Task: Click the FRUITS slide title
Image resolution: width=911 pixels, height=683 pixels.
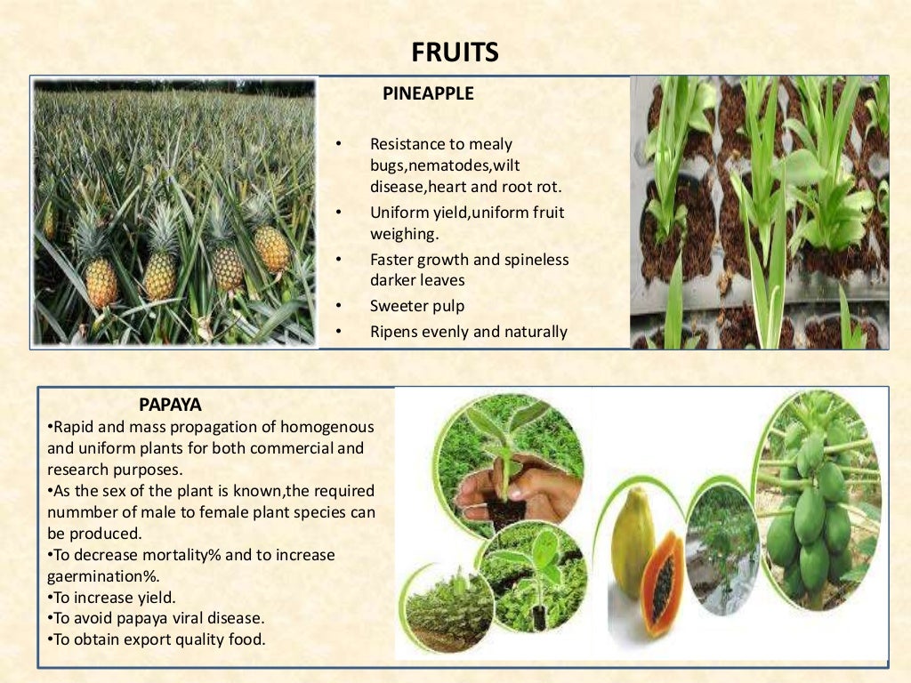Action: point(455,52)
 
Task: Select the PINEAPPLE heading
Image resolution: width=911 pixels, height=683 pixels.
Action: point(428,93)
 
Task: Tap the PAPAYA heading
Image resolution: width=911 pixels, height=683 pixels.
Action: point(171,405)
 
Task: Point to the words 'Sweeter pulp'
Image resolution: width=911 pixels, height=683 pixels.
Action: point(417,306)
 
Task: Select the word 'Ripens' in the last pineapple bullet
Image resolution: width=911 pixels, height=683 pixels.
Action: point(393,332)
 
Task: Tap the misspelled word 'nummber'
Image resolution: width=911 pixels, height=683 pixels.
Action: point(79,512)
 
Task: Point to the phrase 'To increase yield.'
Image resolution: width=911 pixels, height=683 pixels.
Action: point(112,597)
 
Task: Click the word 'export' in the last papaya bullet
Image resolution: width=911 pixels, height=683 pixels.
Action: point(153,639)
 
